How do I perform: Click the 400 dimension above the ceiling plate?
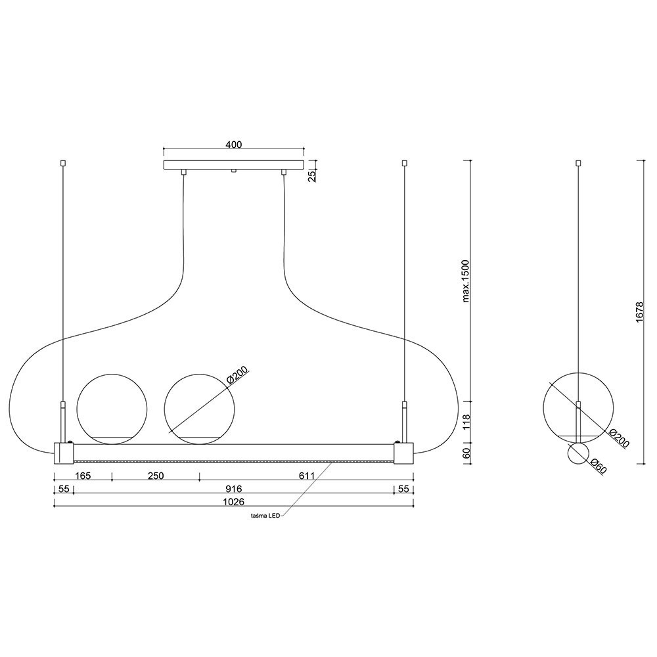234,145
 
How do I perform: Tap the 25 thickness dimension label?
312,176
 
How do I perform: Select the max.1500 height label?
466,281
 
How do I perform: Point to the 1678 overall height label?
639,312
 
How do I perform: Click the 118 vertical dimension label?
466,422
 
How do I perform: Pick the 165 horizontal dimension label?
83,476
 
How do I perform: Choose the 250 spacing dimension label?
156,476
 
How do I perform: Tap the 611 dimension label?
307,476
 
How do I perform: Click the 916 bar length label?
233,489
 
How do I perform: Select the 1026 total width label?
233,501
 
